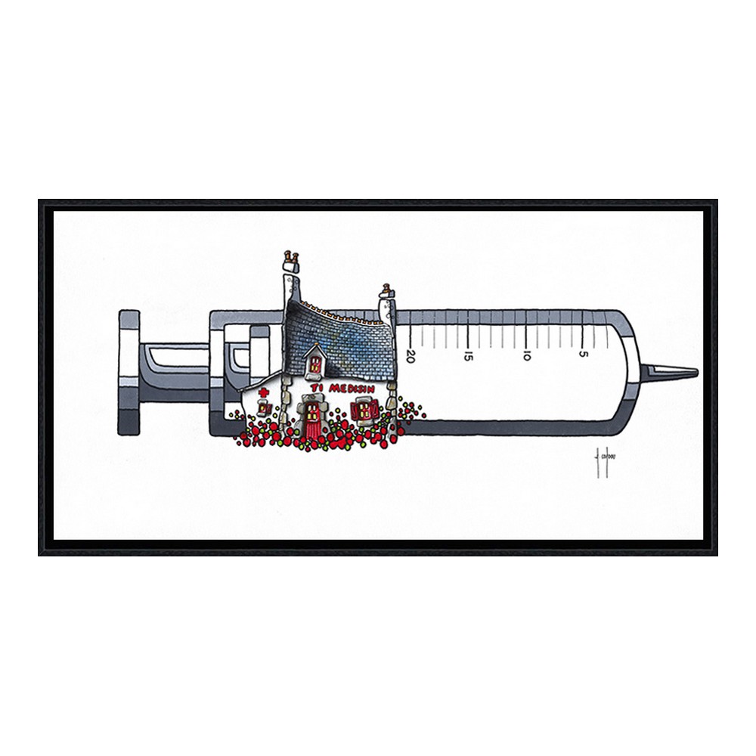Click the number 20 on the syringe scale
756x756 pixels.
[x=411, y=353]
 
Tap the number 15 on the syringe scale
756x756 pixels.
[x=469, y=354]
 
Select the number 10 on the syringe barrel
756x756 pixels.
[x=526, y=354]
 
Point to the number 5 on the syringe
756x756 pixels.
[x=583, y=353]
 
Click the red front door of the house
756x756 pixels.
[x=311, y=424]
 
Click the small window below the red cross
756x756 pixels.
[x=263, y=409]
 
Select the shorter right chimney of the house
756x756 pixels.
[x=386, y=302]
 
